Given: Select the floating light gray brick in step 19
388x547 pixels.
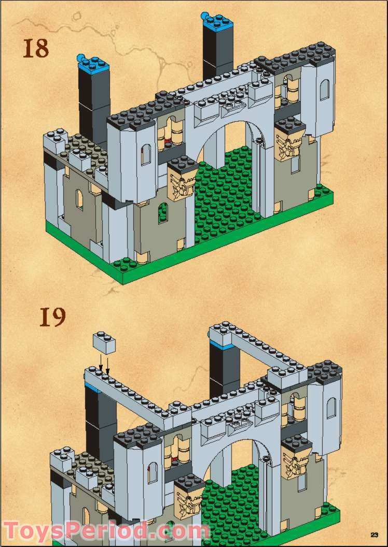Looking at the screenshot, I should [104, 343].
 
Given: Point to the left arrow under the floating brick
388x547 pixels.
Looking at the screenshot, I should [101, 362].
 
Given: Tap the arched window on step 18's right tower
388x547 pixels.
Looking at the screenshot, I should [324, 90].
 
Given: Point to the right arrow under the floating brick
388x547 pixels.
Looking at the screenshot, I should [108, 364].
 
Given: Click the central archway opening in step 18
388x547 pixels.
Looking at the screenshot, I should [228, 155].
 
